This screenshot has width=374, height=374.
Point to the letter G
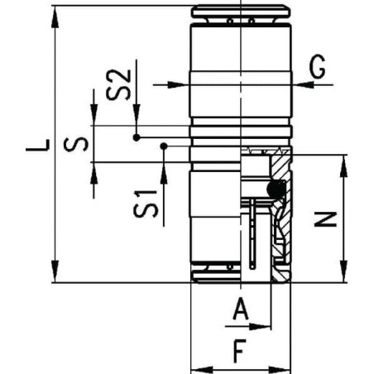click(318, 68)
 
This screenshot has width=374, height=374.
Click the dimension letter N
click(328, 218)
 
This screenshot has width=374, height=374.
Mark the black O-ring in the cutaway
click(275, 190)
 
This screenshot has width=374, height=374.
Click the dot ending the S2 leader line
click(137, 136)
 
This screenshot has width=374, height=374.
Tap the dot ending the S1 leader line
click(164, 146)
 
